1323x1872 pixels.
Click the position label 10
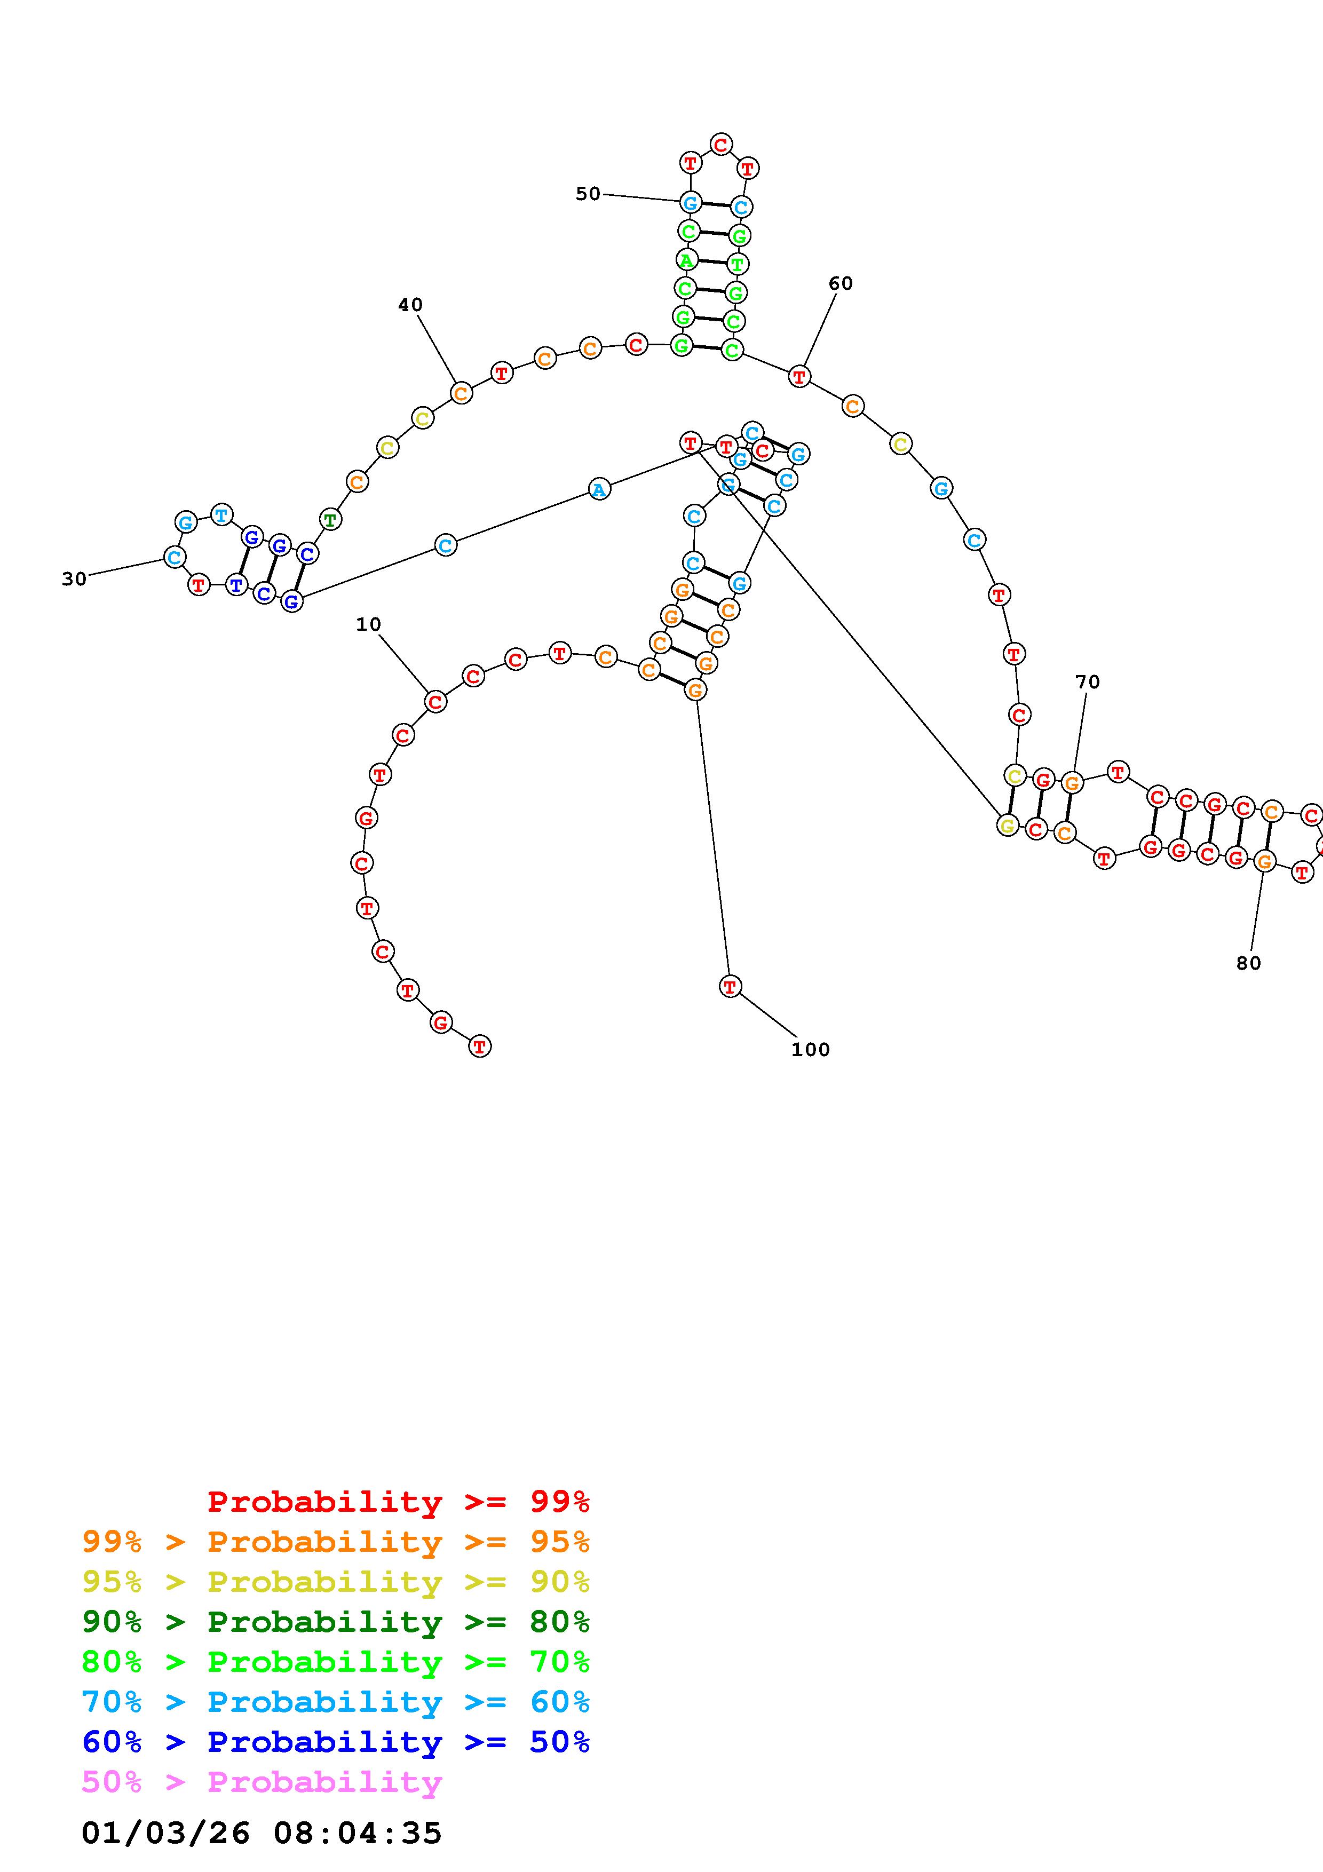pyautogui.click(x=368, y=624)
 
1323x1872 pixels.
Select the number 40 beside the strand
pyautogui.click(x=410, y=305)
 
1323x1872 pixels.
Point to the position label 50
pyautogui.click(x=588, y=194)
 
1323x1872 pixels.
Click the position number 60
pyautogui.click(x=841, y=284)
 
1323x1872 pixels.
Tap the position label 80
pyautogui.click(x=1248, y=964)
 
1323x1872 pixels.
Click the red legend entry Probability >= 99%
pyautogui.click(x=399, y=1502)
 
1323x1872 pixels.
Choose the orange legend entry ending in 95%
pyautogui.click(x=336, y=1542)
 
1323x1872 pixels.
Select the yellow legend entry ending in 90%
pyautogui.click(x=336, y=1582)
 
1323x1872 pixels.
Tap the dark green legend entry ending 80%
pyautogui.click(x=336, y=1622)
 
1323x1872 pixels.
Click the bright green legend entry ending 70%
pyautogui.click(x=336, y=1662)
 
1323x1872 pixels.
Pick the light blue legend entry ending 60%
pyautogui.click(x=336, y=1702)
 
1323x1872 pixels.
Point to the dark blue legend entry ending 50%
pyautogui.click(x=336, y=1742)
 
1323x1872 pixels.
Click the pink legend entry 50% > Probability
pyautogui.click(x=262, y=1781)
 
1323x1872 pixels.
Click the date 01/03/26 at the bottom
pyautogui.click(x=165, y=1833)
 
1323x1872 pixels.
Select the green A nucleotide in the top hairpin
pyautogui.click(x=686, y=261)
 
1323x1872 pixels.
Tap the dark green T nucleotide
pyautogui.click(x=329, y=519)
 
